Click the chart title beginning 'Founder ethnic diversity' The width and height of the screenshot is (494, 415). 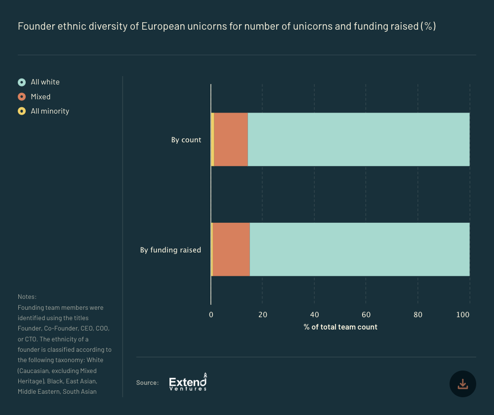[x=227, y=26]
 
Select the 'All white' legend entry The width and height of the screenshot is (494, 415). [x=45, y=82]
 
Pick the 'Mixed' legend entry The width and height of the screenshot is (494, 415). [x=41, y=97]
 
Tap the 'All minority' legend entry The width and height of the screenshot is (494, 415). [x=49, y=111]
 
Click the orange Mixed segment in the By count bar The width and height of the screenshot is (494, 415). [x=231, y=139]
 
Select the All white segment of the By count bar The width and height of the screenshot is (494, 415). [x=358, y=139]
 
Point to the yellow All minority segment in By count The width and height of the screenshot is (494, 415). [x=212, y=139]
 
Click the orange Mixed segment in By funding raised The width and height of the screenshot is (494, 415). [x=231, y=249]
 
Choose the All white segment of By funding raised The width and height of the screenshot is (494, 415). [x=359, y=249]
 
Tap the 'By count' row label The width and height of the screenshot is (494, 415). [x=186, y=140]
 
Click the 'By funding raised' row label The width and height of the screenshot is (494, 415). [x=170, y=250]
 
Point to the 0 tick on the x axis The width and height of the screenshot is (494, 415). [x=211, y=315]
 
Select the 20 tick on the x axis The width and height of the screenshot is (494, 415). [x=263, y=315]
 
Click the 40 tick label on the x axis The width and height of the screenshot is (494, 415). [x=315, y=315]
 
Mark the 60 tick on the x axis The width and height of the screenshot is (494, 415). [x=366, y=315]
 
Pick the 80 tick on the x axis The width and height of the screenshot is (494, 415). [x=418, y=315]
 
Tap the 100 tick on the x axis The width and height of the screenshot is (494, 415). [x=465, y=315]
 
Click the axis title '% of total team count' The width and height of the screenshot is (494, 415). [x=340, y=327]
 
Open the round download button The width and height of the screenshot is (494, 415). [x=462, y=384]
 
